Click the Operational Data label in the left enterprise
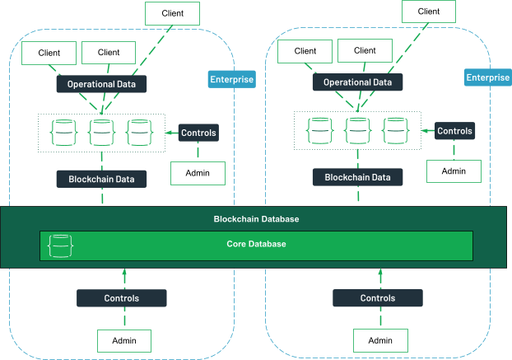(x=102, y=84)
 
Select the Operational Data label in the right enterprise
(x=357, y=82)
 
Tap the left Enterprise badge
(x=231, y=80)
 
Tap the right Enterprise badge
(x=487, y=77)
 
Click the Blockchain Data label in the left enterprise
(x=102, y=178)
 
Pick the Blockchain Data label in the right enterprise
(x=357, y=176)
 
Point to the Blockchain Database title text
(x=256, y=219)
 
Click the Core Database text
(x=256, y=244)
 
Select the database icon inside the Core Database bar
(x=61, y=245)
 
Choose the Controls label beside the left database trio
(x=198, y=133)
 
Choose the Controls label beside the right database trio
(x=454, y=131)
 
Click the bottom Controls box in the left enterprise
(x=122, y=298)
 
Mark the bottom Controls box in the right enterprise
(x=378, y=298)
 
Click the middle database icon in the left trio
(x=101, y=133)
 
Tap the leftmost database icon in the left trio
(x=63, y=133)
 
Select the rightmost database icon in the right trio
(x=396, y=131)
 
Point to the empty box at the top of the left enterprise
(x=172, y=13)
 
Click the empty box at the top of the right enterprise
(x=428, y=12)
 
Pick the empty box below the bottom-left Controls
(x=124, y=341)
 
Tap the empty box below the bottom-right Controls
(x=380, y=340)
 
